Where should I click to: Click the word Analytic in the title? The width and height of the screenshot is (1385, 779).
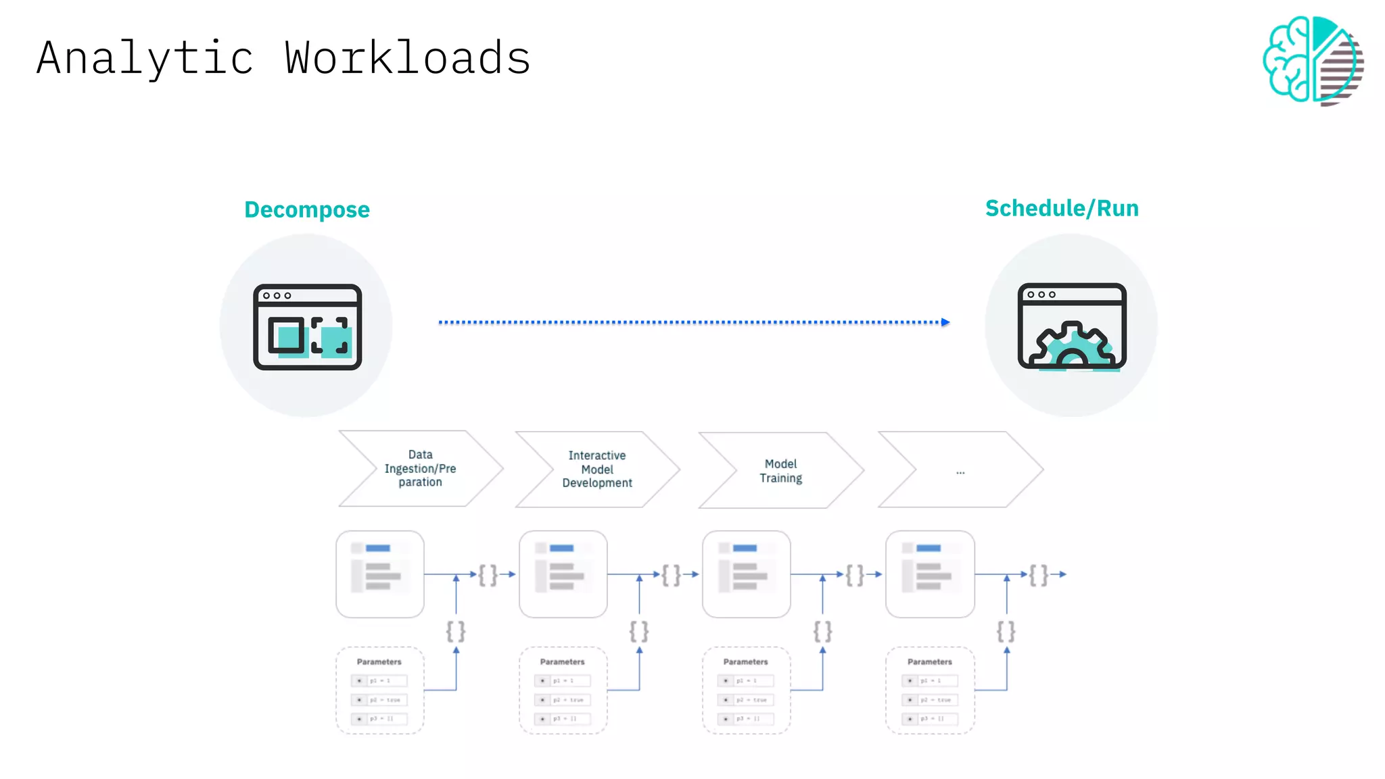[x=145, y=58]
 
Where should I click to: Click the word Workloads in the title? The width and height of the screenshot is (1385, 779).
[x=407, y=58]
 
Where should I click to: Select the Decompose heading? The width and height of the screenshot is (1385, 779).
[x=307, y=209]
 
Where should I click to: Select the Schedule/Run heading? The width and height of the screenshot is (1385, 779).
[x=1062, y=208]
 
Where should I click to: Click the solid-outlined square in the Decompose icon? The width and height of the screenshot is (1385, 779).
[x=286, y=335]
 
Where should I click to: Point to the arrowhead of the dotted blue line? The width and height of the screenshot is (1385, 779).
[x=945, y=322]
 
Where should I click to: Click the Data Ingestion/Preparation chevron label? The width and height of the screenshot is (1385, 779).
[x=420, y=468]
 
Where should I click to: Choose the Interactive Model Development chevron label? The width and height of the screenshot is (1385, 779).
[x=597, y=469]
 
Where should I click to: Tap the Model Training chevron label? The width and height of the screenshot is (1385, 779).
[x=780, y=471]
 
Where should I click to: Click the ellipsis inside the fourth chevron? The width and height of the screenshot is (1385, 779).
[x=960, y=472]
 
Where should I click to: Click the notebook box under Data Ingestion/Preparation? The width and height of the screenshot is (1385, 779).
[x=380, y=574]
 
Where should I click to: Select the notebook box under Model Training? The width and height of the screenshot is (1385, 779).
[x=746, y=574]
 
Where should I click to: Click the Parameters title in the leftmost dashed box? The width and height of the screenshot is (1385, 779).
[x=379, y=661]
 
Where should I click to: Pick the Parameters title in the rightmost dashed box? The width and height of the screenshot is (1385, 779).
[x=929, y=661]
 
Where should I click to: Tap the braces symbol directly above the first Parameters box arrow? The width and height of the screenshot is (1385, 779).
[x=456, y=631]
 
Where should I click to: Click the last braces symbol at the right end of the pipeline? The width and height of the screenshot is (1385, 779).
[x=1038, y=575]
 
